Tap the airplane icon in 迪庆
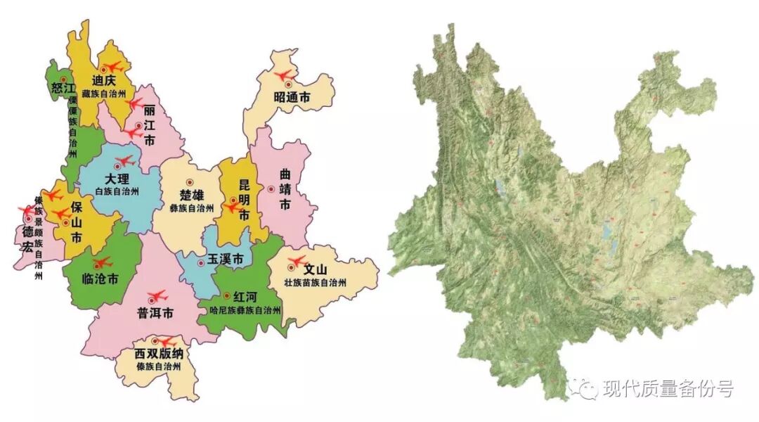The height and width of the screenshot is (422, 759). click(x=112, y=68)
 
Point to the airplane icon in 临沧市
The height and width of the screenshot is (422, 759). click(x=102, y=262)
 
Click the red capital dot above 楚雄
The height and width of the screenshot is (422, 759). click(x=189, y=181)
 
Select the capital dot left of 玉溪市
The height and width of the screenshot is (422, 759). click(x=201, y=263)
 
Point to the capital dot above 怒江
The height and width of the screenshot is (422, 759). click(x=63, y=79)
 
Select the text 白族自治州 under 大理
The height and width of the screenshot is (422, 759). click(x=117, y=191)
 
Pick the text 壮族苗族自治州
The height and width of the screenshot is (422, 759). click(x=316, y=283)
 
